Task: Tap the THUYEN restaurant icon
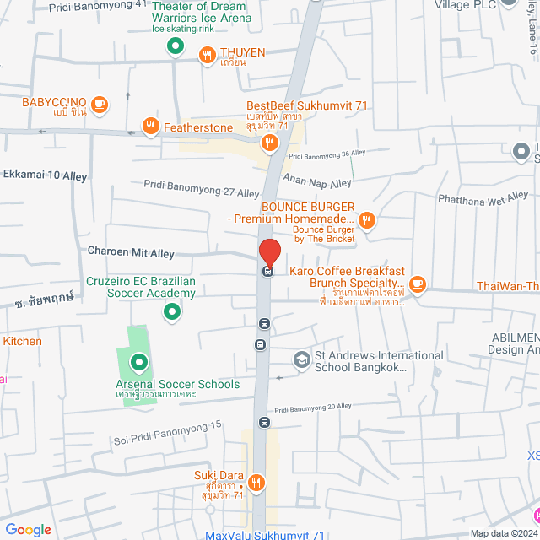207,56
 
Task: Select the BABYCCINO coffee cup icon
99,104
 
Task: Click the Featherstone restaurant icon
150,127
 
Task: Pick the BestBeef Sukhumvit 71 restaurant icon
269,143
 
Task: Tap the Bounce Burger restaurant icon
366,221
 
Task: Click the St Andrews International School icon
301,360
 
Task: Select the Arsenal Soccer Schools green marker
138,364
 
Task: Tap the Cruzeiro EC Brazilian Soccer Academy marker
172,313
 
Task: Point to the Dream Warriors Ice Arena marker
175,46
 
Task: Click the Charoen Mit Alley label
131,251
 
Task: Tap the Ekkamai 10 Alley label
45,175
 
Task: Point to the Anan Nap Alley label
317,183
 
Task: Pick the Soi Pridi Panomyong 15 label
167,433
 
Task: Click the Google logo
28,529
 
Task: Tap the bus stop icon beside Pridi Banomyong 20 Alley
264,422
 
